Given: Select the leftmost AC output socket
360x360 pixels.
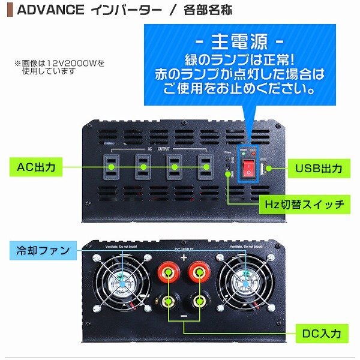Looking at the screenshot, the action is [x=112, y=166].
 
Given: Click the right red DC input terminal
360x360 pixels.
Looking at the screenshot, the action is [x=200, y=275].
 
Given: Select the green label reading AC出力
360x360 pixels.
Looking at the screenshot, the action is [x=36, y=167].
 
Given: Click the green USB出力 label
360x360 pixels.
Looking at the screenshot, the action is [x=319, y=168].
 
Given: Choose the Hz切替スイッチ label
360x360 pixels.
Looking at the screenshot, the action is [x=305, y=204].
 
